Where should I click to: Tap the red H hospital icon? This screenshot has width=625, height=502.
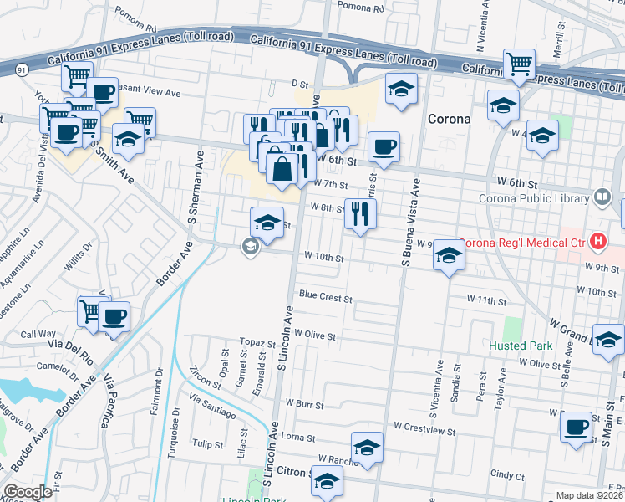tap(597, 243)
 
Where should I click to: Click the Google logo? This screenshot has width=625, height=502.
tap(28, 492)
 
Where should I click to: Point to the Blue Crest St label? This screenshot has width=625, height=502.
tap(326, 297)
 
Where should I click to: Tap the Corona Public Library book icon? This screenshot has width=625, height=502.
tap(602, 197)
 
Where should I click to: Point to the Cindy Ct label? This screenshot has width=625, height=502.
tap(506, 474)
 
